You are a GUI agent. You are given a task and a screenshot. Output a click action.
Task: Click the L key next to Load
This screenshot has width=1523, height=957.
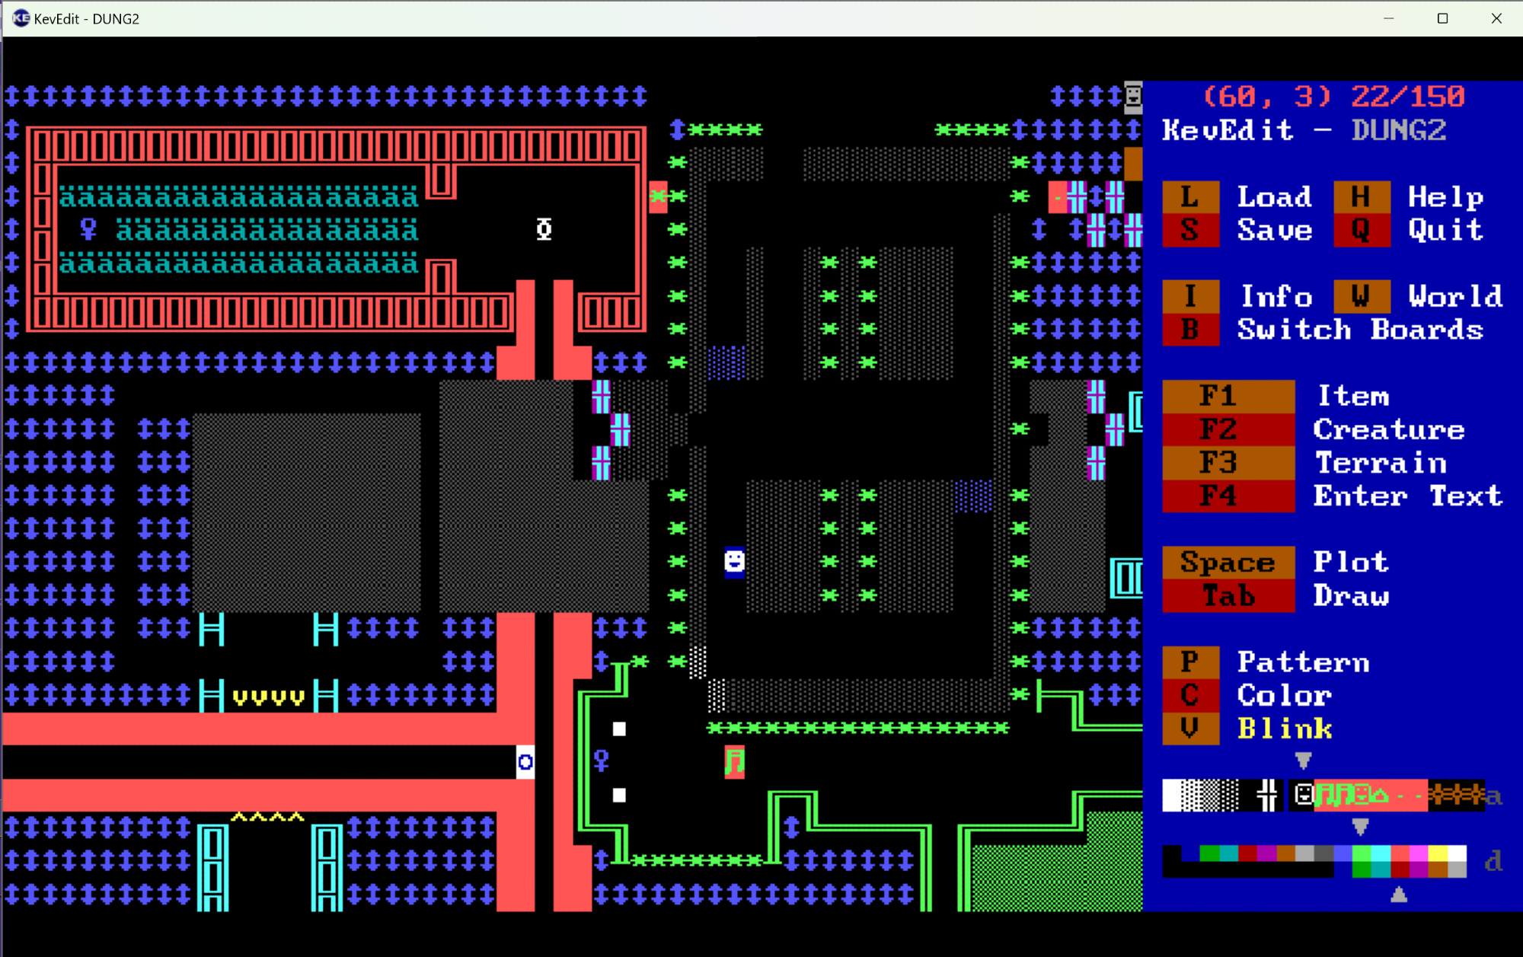tap(1189, 197)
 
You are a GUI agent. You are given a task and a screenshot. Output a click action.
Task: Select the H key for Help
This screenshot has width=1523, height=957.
tap(1361, 197)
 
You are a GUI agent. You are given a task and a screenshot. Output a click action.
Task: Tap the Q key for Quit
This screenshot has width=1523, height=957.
tap(1361, 230)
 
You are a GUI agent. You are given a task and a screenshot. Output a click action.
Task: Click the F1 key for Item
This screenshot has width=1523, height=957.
tap(1228, 396)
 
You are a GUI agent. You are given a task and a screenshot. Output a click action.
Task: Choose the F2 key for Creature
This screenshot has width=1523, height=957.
tap(1228, 429)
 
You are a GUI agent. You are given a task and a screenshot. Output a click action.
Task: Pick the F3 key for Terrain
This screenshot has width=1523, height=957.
tap(1228, 463)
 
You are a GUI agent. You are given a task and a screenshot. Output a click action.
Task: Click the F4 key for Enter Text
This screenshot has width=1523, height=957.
tap(1228, 496)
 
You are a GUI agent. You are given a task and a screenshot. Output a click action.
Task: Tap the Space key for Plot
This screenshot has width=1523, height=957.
tap(1228, 563)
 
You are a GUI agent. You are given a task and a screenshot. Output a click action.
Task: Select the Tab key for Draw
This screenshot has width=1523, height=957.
tap(1228, 596)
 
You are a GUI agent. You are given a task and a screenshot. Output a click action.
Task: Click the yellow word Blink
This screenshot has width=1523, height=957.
tap(1285, 729)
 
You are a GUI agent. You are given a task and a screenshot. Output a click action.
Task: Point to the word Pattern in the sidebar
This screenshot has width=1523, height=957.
tap(1303, 662)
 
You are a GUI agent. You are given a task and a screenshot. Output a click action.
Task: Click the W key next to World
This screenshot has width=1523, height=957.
tap(1361, 296)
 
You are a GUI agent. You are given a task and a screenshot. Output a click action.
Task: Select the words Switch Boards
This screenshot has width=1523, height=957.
tap(1360, 330)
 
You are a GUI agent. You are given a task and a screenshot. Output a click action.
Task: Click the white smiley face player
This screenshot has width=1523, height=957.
tap(734, 562)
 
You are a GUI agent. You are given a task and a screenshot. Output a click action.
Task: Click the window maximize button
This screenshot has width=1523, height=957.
tap(1442, 18)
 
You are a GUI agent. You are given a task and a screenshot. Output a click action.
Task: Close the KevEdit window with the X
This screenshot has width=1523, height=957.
tap(1496, 18)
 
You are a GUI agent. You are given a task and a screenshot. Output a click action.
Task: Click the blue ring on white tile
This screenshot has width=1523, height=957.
tap(525, 762)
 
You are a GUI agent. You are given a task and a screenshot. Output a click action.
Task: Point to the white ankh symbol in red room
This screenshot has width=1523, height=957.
tap(544, 229)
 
